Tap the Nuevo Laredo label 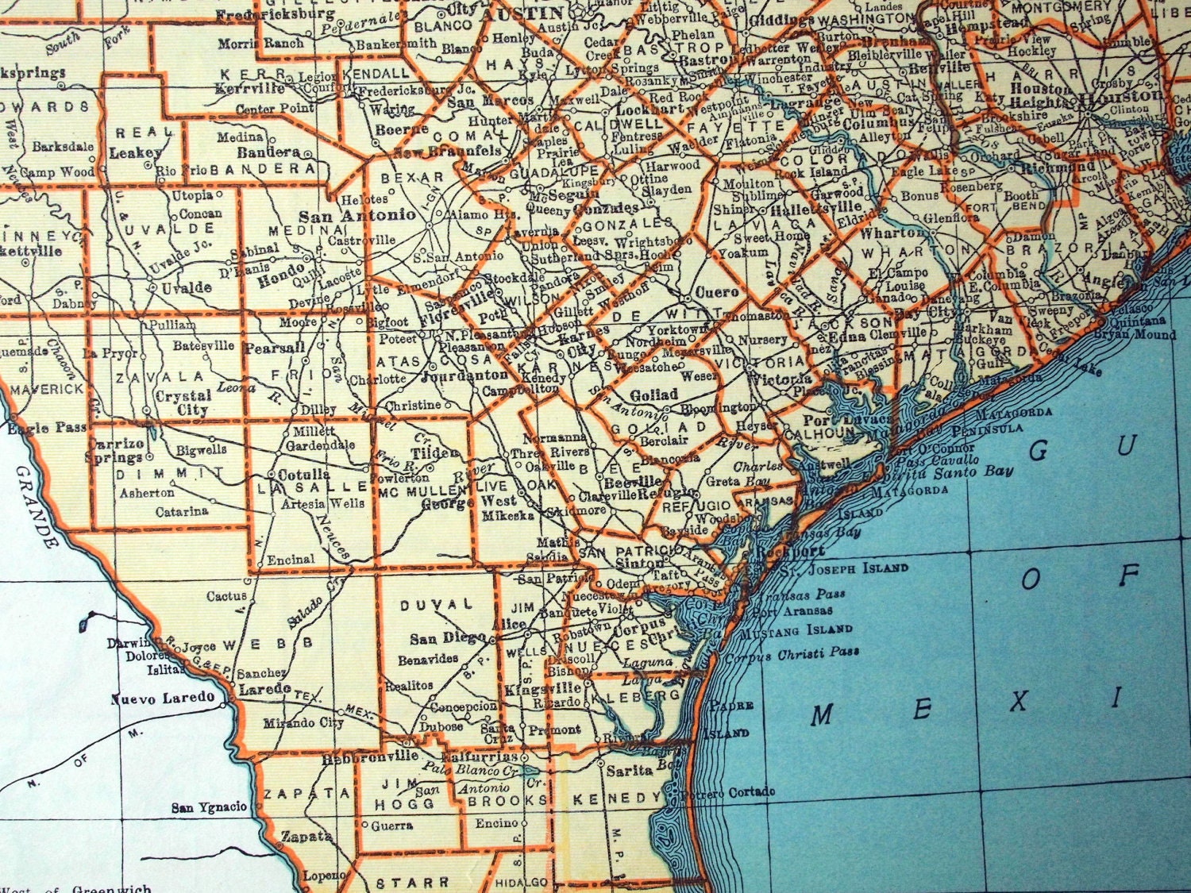pos(163,699)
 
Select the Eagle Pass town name pos(48,428)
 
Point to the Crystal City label pos(183,402)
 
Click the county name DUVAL pos(437,605)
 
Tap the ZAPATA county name pos(306,793)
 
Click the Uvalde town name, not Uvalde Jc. pos(187,287)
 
